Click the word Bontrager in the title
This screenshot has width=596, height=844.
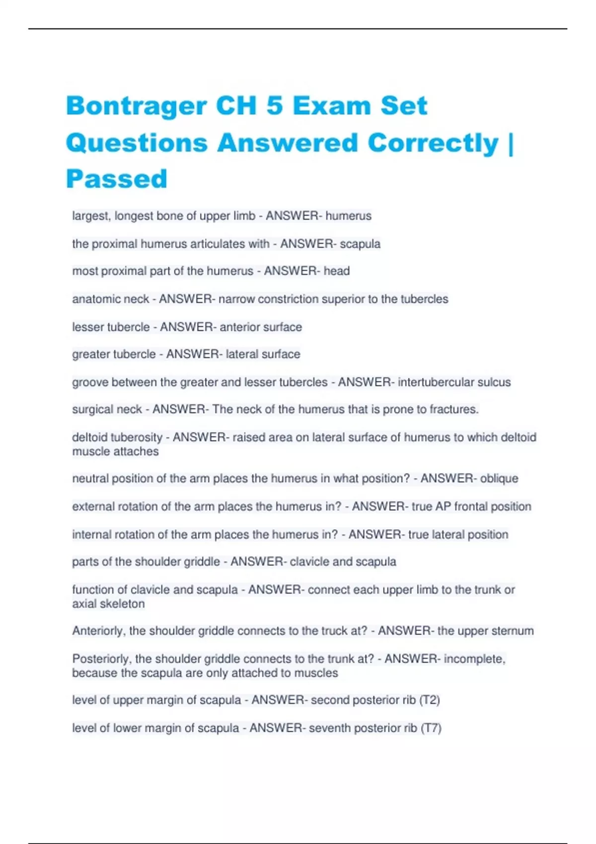[136, 106]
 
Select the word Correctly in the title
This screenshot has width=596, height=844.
[433, 143]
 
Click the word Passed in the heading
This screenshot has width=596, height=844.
[117, 179]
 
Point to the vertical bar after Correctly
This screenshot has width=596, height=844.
[511, 143]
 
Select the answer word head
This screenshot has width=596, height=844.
[337, 271]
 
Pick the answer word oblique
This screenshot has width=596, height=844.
[499, 479]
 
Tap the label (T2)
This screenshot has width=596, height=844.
[430, 700]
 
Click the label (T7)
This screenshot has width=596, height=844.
[431, 728]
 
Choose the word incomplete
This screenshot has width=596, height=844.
[474, 659]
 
